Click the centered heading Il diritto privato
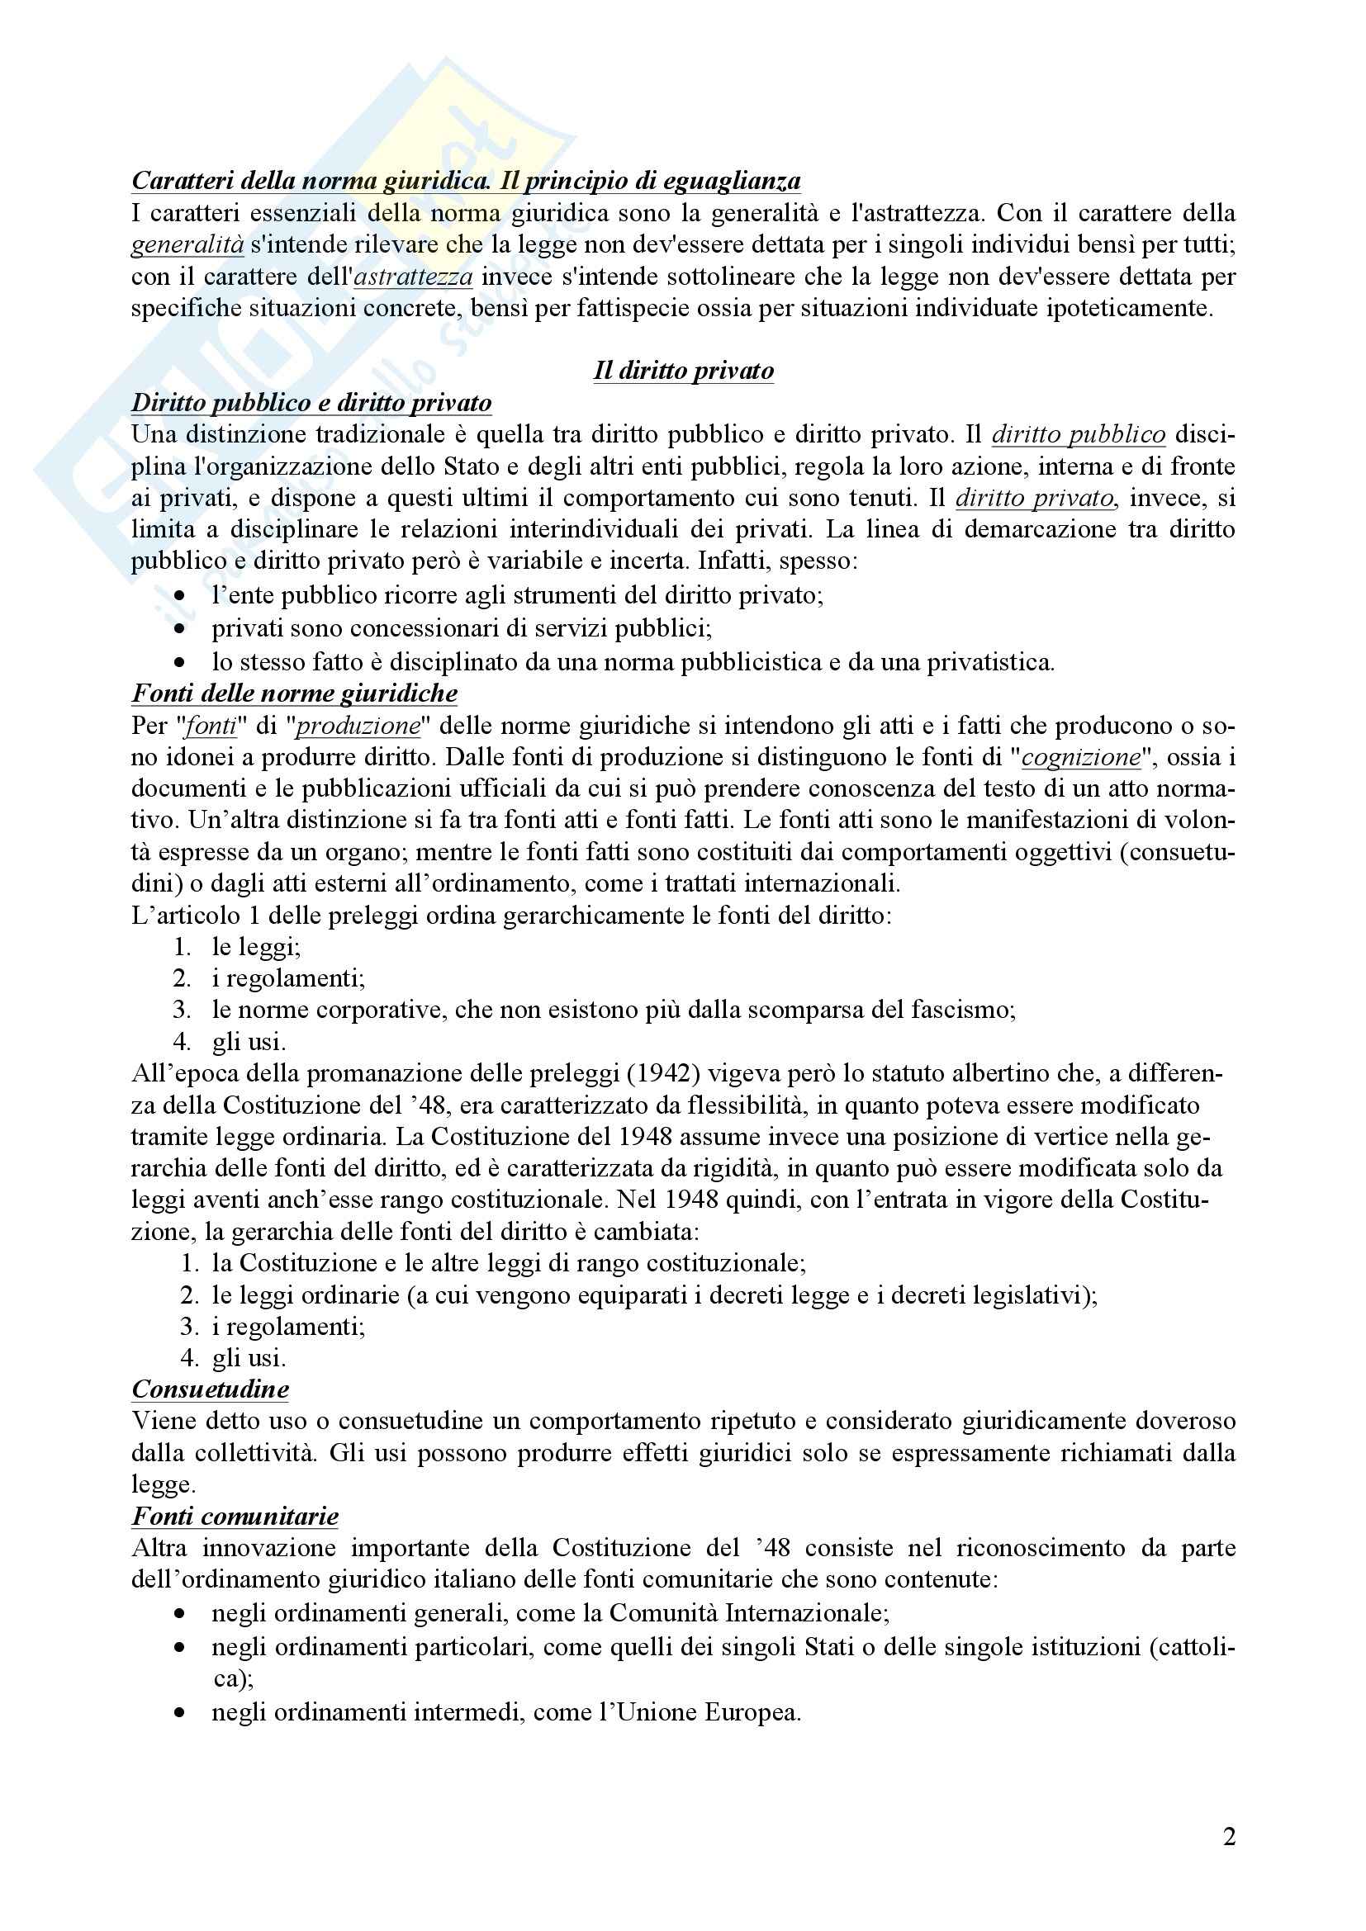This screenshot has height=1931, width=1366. coord(683,371)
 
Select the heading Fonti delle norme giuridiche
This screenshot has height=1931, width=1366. coord(294,693)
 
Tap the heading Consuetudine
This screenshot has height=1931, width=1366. coord(211,1389)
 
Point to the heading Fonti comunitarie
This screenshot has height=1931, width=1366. coord(235,1516)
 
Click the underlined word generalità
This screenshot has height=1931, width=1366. coord(187,244)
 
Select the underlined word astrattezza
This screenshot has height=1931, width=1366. coord(413,276)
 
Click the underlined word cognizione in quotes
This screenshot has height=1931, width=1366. coord(1081,757)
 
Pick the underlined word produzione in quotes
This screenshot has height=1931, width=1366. coord(358,725)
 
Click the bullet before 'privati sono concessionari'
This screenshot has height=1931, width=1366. coord(180,628)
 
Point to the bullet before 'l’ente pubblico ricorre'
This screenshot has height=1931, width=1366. coord(180,596)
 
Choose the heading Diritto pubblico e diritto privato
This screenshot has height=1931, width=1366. coord(311,403)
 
